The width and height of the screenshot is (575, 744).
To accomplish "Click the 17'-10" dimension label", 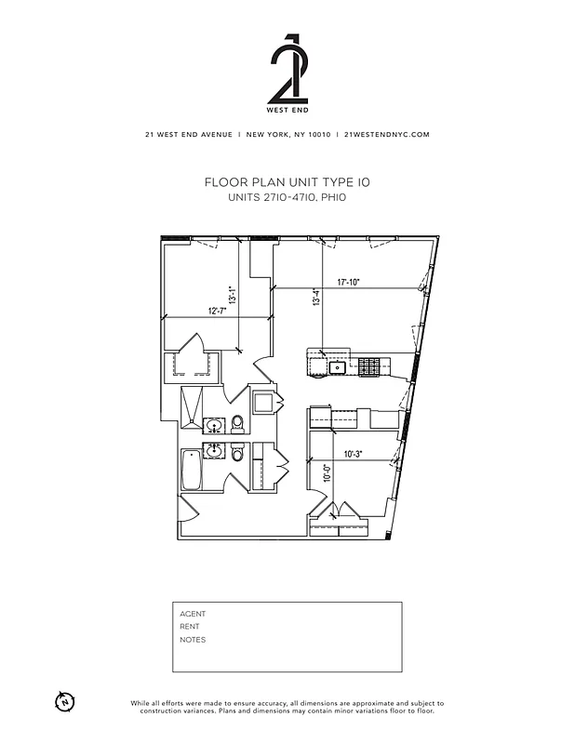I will click(x=349, y=282).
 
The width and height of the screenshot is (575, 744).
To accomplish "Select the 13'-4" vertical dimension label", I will click(x=316, y=299).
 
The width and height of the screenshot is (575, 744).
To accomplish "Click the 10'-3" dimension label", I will click(x=353, y=454).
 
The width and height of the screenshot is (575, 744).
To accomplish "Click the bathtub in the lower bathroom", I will click(x=192, y=471).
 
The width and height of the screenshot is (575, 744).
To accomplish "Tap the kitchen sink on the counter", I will click(x=338, y=367).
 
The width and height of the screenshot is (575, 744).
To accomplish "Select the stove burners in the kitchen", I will click(x=370, y=366).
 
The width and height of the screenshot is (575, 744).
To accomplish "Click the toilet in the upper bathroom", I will click(x=238, y=424).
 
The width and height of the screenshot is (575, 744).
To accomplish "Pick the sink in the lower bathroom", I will click(x=215, y=452).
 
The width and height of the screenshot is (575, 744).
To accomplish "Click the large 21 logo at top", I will click(x=287, y=71).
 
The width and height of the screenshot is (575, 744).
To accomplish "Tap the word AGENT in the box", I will click(x=193, y=614).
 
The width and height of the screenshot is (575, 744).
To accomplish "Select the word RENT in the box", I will click(x=190, y=627).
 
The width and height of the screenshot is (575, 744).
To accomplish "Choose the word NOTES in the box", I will click(x=193, y=640).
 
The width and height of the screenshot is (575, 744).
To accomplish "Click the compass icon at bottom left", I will click(x=64, y=700).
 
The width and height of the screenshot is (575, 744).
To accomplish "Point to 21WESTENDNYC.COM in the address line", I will click(x=386, y=134).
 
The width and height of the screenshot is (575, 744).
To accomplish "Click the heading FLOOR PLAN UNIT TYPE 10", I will click(x=287, y=184).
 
